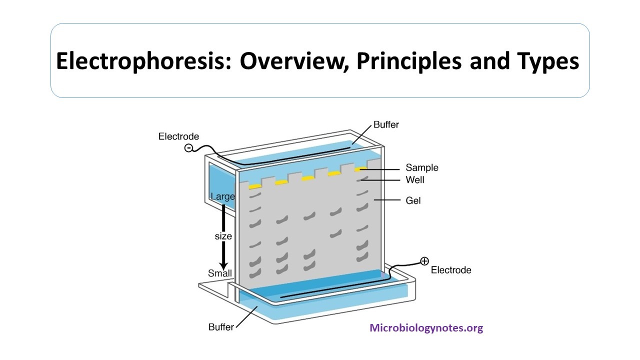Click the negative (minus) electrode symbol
tap(189, 147)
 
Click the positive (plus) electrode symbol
tap(424, 260)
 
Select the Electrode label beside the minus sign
tap(178, 136)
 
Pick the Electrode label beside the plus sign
tap(451, 270)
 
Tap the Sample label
tap(421, 167)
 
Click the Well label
tap(415, 179)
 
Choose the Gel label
tap(413, 200)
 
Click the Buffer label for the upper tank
tap(386, 125)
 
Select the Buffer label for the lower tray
tap(221, 327)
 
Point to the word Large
tap(222, 196)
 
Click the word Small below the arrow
tap(220, 273)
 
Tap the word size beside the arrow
tap(223, 235)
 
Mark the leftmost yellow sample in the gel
tap(255, 186)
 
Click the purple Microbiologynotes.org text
tap(426, 328)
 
